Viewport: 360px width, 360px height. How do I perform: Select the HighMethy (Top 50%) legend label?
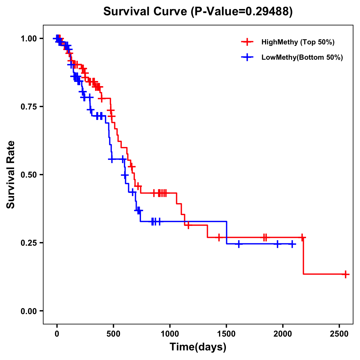(x=298, y=42)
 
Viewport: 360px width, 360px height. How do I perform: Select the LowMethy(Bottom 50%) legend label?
(x=302, y=57)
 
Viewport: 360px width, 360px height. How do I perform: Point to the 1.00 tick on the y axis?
(x=28, y=39)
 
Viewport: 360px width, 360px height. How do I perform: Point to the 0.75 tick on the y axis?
(x=28, y=107)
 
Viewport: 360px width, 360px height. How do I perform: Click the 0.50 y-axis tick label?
(x=28, y=175)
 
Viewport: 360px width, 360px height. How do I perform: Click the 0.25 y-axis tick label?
(x=28, y=243)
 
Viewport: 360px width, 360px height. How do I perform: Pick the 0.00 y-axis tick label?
(x=28, y=311)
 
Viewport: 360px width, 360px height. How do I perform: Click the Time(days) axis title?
(x=198, y=347)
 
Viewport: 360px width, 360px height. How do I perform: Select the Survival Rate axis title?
(x=11, y=175)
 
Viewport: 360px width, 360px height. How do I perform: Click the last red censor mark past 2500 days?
(x=346, y=274)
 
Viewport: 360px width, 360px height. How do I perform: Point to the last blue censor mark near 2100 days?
(x=292, y=244)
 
